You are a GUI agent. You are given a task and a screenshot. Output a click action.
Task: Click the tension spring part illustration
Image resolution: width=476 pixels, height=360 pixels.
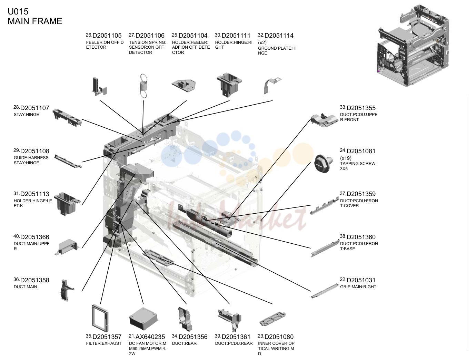point(143,86)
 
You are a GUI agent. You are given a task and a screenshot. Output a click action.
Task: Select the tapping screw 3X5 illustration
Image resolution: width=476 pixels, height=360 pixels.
point(323,164)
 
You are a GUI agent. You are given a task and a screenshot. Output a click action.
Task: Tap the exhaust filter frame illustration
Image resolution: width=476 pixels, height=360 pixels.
point(100,318)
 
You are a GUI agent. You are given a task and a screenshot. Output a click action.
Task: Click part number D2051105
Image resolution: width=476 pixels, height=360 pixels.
point(107,35)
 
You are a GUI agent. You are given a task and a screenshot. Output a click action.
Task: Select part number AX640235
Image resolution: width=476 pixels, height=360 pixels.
point(150,337)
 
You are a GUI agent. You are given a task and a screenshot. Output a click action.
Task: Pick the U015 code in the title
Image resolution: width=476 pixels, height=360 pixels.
point(18,11)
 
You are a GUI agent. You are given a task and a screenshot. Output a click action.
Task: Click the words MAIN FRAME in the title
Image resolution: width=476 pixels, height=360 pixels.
point(35,21)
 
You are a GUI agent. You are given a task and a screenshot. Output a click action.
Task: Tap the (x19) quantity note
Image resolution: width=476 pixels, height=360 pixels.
point(346,158)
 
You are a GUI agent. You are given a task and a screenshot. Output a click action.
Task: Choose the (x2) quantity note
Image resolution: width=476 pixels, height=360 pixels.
point(262,42)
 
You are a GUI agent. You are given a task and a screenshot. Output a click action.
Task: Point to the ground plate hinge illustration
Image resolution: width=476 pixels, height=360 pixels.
point(272,86)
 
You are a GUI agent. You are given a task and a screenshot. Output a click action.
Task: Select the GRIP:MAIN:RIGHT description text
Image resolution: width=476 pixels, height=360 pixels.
point(358,287)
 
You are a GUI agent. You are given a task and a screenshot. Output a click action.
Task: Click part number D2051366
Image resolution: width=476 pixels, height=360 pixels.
point(35,237)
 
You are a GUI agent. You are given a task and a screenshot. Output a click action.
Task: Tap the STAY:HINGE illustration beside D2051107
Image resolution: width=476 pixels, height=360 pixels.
point(67,118)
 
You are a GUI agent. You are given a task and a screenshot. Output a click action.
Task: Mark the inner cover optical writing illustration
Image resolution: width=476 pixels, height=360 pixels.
point(272,319)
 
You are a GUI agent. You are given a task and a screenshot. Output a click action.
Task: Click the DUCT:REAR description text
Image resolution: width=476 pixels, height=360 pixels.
point(184,343)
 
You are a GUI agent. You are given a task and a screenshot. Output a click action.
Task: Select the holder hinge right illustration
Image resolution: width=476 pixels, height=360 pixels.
point(229,85)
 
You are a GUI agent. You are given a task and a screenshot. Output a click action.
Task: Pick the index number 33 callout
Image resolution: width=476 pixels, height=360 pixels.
point(343,107)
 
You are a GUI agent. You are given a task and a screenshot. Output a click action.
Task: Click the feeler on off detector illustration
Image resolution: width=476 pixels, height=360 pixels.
point(99,87)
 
